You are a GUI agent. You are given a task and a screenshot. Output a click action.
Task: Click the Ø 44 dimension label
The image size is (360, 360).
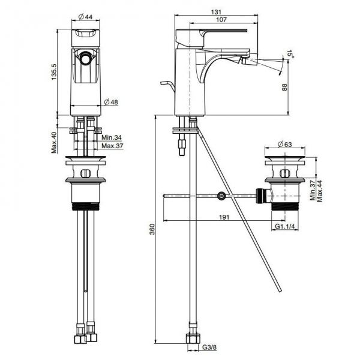pyautogui.click(x=85, y=17)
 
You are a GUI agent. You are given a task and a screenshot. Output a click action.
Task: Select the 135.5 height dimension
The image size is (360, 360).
pyautogui.click(x=54, y=72)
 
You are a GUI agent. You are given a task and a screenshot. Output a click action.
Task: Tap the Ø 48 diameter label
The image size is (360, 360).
pyautogui.click(x=111, y=102)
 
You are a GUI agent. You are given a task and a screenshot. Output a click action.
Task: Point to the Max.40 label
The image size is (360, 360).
pyautogui.click(x=54, y=143)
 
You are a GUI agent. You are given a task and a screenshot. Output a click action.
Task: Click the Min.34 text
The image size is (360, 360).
pyautogui.click(x=112, y=137)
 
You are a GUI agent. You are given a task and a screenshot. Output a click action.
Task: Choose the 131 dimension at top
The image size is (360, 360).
pyautogui.click(x=215, y=12)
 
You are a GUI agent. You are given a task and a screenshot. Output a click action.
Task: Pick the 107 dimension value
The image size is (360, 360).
pyautogui.click(x=221, y=20)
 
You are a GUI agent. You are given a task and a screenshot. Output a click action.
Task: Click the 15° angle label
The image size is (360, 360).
pyautogui.click(x=290, y=55)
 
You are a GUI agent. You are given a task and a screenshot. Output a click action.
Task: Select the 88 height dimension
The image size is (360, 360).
pyautogui.click(x=284, y=87)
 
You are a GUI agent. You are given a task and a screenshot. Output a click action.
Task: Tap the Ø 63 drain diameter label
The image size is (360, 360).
pyautogui.click(x=284, y=144)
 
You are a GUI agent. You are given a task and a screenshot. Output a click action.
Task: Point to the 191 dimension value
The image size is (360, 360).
pyautogui.click(x=224, y=217)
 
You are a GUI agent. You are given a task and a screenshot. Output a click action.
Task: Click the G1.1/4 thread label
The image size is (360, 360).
pyautogui.click(x=284, y=226)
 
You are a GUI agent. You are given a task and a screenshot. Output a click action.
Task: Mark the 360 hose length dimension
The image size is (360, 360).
pyautogui.click(x=152, y=229)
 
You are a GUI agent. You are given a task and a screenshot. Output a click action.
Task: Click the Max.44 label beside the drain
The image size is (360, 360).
pyautogui.click(x=320, y=191)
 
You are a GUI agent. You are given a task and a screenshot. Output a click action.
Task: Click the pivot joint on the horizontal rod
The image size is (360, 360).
pyautogui.click(x=221, y=196)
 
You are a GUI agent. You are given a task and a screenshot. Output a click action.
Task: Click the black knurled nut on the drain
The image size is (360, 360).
pyautogui.click(x=260, y=196)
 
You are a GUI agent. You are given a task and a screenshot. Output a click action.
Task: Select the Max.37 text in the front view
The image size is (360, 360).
pyautogui.click(x=112, y=146)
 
